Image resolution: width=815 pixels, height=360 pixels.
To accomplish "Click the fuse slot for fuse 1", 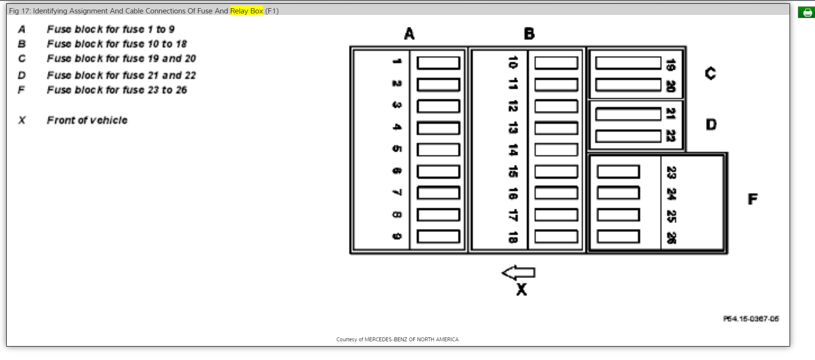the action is click(x=438, y=63).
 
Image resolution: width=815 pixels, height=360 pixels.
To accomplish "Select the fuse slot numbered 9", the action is click(x=438, y=236).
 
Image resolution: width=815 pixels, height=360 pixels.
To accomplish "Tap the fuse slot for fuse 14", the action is click(x=556, y=150).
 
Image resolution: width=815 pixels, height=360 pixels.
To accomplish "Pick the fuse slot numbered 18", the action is click(x=556, y=236).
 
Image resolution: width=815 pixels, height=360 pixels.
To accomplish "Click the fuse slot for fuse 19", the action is click(x=628, y=63).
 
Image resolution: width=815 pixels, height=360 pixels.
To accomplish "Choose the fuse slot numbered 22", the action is click(x=628, y=136).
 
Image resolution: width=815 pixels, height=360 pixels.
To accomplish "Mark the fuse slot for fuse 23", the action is click(x=618, y=171).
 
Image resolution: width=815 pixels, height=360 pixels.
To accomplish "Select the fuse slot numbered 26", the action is click(x=618, y=236).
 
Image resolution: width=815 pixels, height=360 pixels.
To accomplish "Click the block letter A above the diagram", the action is click(x=409, y=34).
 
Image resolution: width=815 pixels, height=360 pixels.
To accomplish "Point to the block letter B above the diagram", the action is click(x=529, y=34).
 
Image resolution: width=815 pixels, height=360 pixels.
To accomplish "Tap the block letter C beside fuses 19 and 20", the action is click(x=710, y=73).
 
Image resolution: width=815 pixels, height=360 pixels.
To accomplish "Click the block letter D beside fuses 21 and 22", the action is click(x=711, y=125).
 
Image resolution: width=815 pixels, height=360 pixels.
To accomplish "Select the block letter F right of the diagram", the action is click(x=752, y=199).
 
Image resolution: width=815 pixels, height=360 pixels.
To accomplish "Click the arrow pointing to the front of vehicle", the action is click(x=518, y=273).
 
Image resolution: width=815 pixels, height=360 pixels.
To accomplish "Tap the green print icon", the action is click(x=806, y=12).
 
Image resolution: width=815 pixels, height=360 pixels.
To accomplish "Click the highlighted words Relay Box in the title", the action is click(x=246, y=11).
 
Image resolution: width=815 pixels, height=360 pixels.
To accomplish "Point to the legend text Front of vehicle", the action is click(x=87, y=120).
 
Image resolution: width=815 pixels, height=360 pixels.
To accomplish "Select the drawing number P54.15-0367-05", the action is click(x=751, y=319).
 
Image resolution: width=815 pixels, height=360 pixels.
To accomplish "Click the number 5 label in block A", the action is click(x=397, y=149).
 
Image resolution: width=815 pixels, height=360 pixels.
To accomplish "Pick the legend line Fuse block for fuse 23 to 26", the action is click(x=117, y=90).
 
